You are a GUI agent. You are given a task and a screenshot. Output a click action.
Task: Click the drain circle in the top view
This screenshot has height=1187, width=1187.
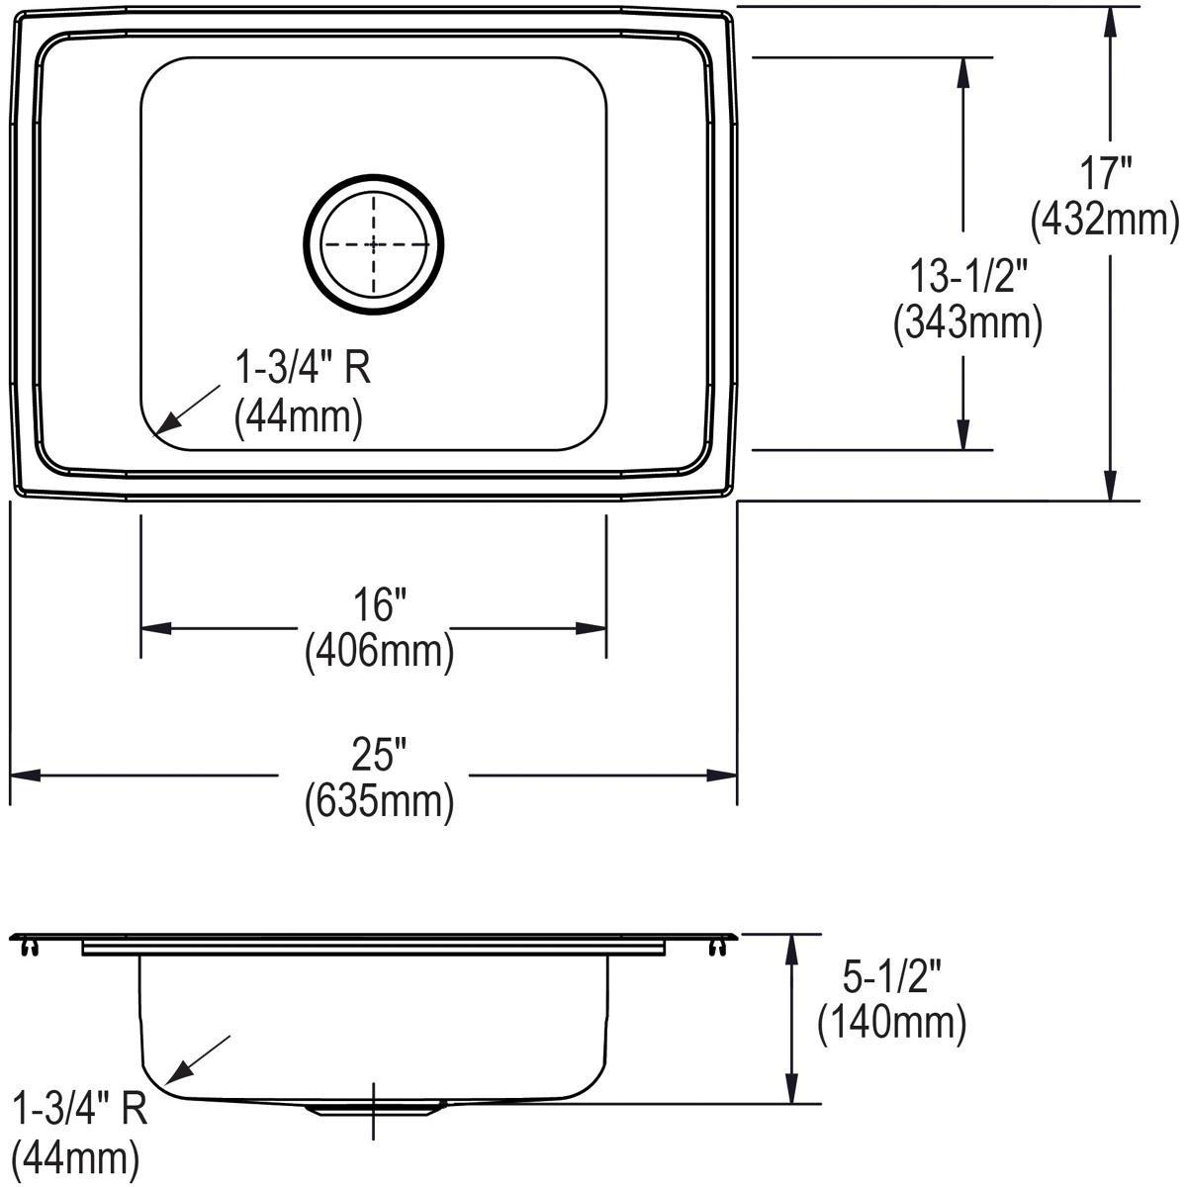point(374,245)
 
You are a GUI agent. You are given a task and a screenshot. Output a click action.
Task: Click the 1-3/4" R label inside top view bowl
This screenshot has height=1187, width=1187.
point(302,369)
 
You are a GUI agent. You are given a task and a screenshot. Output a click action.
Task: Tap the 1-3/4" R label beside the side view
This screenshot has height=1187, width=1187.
point(79,1109)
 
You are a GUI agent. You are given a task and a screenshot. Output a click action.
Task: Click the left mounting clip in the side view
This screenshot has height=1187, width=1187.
point(29,948)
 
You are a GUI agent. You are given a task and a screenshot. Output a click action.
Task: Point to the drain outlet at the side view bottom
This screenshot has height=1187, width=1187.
point(373,1109)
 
